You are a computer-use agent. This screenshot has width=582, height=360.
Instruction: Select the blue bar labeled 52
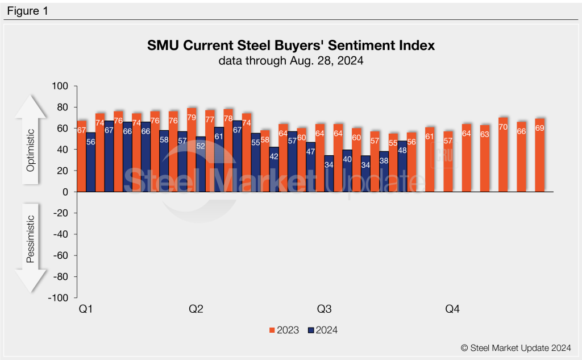(x=201, y=164)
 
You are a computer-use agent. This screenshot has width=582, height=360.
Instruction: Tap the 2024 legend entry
(x=323, y=330)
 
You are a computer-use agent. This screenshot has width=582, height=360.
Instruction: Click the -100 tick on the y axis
(x=59, y=298)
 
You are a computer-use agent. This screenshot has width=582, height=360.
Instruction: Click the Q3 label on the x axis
(x=324, y=309)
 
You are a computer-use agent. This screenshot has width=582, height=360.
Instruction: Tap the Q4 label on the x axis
(x=452, y=309)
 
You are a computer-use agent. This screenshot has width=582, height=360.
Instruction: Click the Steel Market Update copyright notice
(x=516, y=347)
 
